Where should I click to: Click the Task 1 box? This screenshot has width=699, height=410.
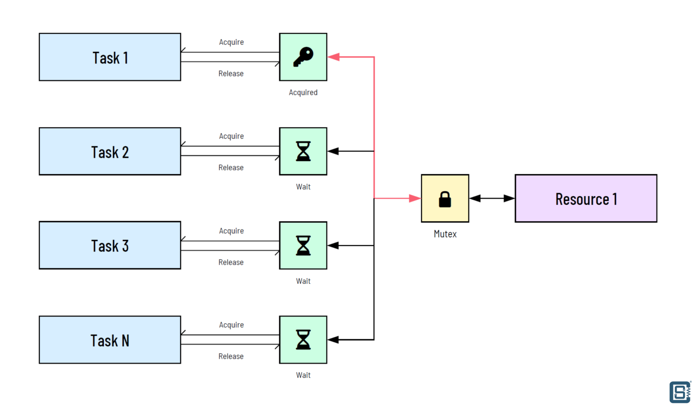110,57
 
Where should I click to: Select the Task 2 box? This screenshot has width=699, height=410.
110,151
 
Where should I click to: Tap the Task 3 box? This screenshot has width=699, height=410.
110,246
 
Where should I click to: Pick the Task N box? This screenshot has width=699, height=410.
110,340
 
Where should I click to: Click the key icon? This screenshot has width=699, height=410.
303,57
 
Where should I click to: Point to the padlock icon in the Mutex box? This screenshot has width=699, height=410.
445,199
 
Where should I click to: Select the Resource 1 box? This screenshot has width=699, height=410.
586,199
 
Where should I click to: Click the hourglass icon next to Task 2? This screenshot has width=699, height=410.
303,151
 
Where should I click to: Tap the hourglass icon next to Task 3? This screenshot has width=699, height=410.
303,246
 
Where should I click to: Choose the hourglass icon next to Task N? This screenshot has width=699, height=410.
303,340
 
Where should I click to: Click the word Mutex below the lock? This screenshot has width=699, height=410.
445,234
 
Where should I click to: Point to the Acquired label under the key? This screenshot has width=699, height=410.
303,93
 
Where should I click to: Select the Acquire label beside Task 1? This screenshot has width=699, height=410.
232,43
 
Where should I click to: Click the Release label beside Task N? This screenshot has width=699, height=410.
231,356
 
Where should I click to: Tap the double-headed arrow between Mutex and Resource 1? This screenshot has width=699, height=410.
492,199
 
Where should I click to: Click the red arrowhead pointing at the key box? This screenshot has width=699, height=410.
334,57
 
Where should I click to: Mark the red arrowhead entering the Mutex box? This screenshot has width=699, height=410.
415,199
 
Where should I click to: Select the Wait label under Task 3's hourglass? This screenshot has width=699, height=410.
303,281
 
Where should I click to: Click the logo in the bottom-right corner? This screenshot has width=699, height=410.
680,392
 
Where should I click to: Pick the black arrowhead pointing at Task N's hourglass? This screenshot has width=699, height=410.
333,340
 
